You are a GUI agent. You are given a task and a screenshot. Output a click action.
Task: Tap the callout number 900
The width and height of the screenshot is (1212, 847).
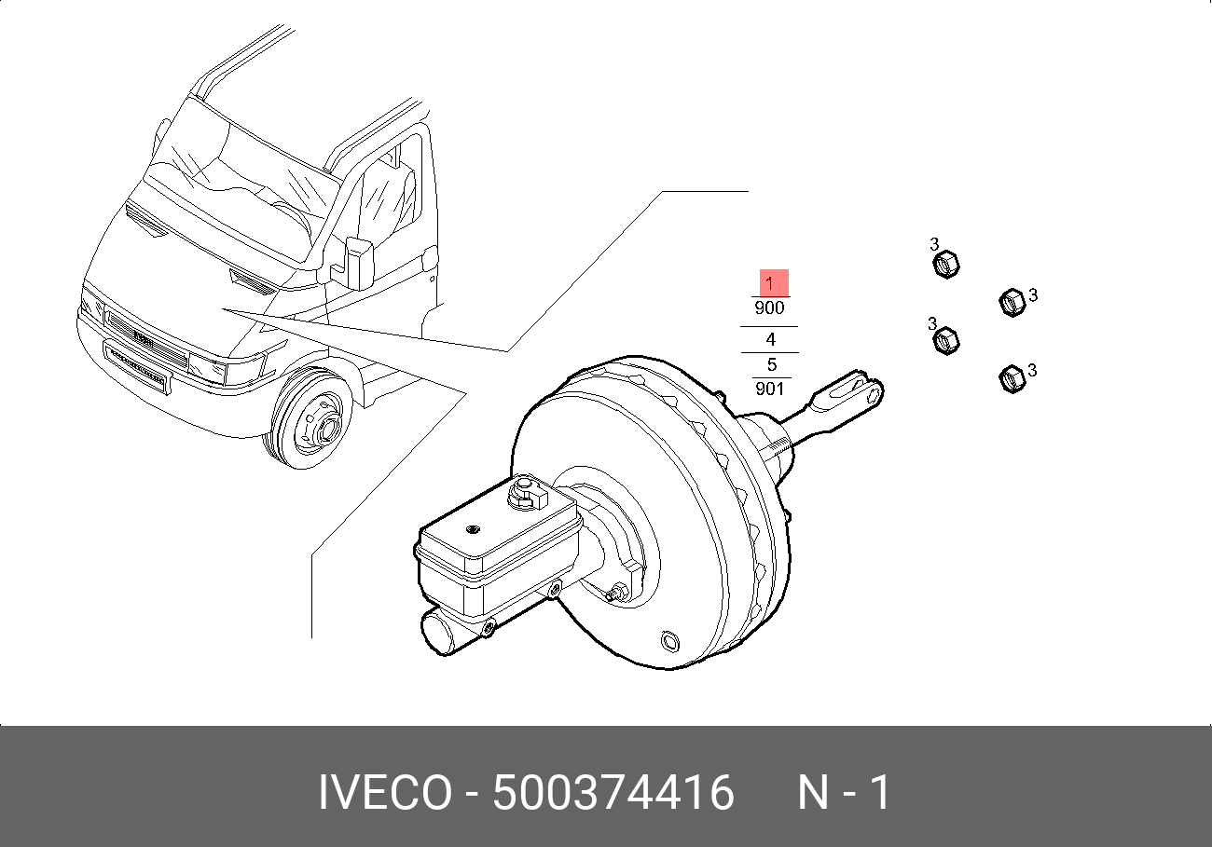click(769, 308)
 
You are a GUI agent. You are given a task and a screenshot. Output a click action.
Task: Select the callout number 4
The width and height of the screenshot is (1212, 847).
click(770, 340)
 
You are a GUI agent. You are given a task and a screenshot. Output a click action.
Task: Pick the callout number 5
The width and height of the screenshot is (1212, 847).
click(772, 364)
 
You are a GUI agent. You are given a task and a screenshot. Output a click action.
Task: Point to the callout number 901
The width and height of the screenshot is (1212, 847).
click(769, 389)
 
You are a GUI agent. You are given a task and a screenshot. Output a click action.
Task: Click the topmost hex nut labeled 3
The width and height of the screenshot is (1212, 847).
click(945, 265)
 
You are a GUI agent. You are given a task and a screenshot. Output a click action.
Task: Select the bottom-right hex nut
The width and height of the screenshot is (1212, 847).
click(1012, 378)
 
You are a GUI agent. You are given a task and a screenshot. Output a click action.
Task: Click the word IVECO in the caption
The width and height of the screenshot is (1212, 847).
click(385, 792)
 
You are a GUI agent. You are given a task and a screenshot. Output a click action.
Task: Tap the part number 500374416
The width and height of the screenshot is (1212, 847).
click(613, 792)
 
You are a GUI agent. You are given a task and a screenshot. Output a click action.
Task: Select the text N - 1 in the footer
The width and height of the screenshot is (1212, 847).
click(844, 792)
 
